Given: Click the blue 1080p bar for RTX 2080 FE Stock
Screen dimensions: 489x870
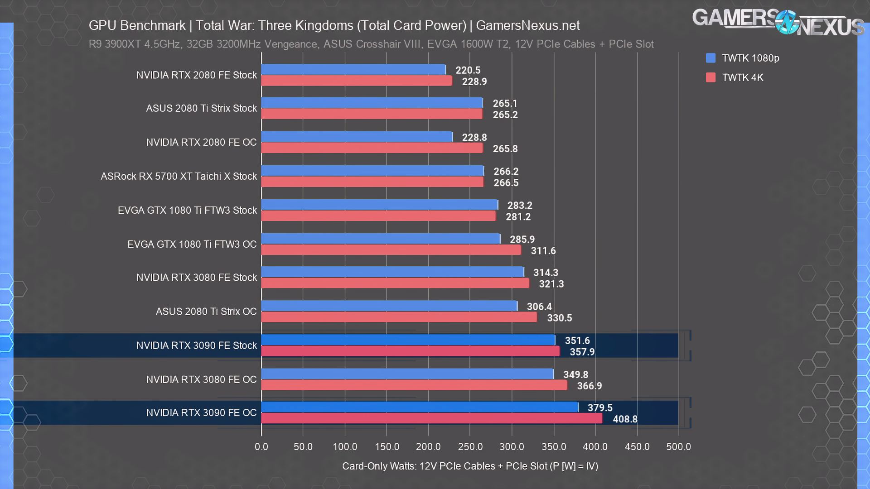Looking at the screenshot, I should click(353, 69).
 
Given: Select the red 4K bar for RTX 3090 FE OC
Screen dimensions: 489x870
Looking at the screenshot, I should click(431, 418).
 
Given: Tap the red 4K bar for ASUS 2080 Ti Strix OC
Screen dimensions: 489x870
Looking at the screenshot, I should click(399, 317).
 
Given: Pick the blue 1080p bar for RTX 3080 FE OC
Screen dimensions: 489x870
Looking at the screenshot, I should click(407, 374).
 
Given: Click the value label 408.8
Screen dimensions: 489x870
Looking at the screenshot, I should click(625, 419).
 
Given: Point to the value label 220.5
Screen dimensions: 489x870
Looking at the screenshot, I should click(468, 70).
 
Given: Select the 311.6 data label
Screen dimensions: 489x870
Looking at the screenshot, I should click(543, 251).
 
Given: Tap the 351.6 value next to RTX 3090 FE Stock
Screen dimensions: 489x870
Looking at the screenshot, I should click(577, 340).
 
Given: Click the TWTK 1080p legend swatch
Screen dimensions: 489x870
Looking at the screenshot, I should click(710, 58).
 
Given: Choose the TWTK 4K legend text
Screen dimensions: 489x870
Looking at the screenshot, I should click(742, 77).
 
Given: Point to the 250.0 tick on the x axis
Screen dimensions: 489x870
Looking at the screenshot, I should click(470, 446).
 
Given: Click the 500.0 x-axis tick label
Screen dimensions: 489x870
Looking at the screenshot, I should click(678, 446).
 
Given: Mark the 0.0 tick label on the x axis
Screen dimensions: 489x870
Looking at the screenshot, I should click(261, 446).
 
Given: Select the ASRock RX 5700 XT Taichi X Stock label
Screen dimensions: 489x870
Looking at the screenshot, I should click(179, 176).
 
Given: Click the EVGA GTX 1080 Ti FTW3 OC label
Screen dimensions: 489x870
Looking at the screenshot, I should click(192, 244).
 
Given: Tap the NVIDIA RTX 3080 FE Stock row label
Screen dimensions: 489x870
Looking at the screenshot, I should click(196, 278).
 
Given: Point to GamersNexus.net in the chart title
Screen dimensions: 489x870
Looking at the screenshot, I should click(527, 25).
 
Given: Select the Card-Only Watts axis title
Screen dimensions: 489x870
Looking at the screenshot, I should click(470, 466).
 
